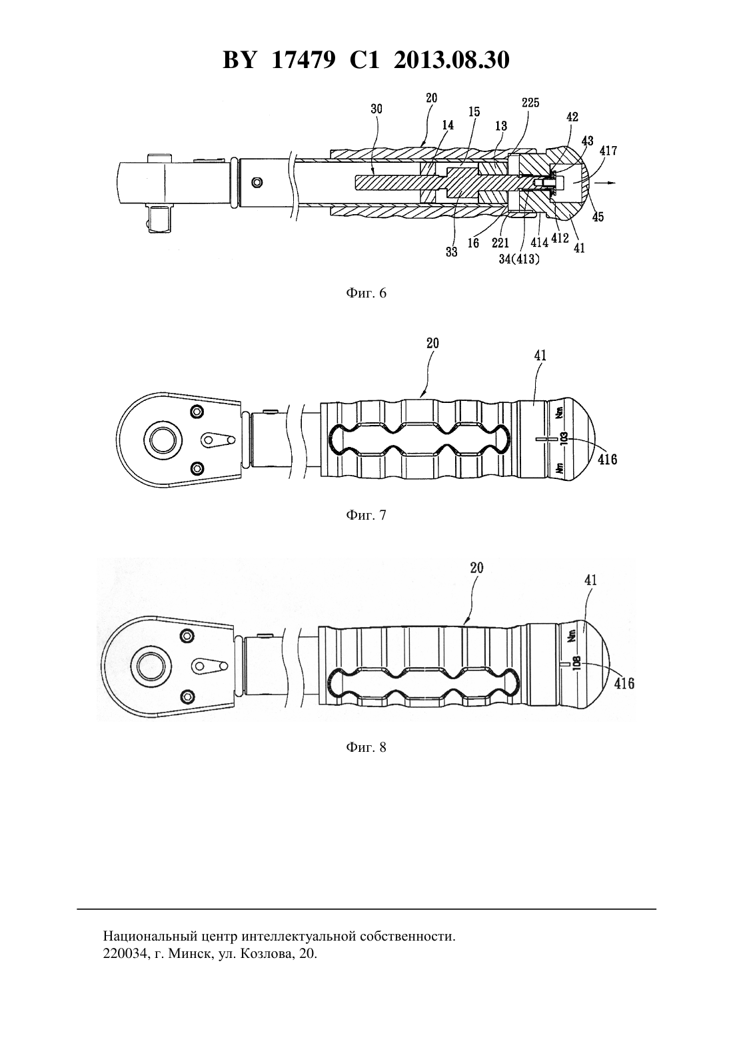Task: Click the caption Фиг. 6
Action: coord(366,294)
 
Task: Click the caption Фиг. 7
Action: coord(366,515)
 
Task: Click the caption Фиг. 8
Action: coord(366,747)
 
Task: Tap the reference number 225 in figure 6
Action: coord(530,103)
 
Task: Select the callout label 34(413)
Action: coord(519,259)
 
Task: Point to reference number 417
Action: coord(608,151)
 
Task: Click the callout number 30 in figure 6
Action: coord(376,109)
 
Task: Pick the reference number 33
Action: coord(452,252)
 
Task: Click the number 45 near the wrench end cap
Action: coord(598,217)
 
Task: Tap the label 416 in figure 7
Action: coord(608,459)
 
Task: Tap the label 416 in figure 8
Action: coord(624,684)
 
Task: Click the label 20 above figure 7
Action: coord(432,344)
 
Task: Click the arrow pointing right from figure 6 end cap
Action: coord(605,183)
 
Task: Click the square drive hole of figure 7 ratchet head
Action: coord(161,438)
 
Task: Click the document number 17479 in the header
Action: coord(304,60)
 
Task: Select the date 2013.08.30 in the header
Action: coord(452,60)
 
